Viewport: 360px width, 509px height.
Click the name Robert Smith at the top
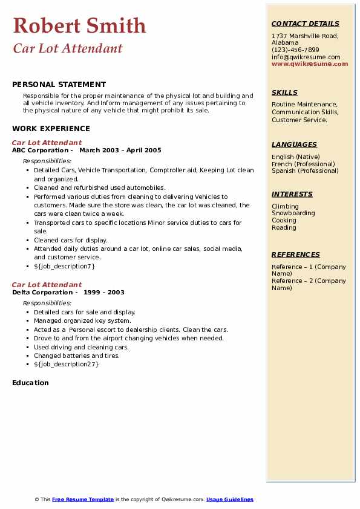[79, 25]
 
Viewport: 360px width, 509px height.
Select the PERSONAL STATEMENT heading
[59, 85]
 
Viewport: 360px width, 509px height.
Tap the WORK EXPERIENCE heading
[51, 129]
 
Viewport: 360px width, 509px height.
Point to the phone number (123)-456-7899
[295, 50]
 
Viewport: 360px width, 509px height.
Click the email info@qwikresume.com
[306, 57]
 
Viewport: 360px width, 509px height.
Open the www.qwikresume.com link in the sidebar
[310, 64]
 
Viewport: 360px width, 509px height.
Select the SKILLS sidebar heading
[284, 92]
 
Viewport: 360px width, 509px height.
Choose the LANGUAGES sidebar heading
[294, 144]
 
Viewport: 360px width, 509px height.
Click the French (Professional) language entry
[303, 164]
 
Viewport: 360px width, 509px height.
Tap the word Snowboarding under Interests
[293, 213]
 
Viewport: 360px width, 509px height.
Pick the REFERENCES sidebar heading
[295, 254]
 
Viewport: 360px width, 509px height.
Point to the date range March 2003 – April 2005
[120, 151]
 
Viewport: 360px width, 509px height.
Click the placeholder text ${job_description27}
[66, 364]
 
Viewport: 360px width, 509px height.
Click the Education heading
[30, 383]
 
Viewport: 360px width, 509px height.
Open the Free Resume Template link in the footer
[83, 499]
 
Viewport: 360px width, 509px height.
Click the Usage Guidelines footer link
[230, 499]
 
